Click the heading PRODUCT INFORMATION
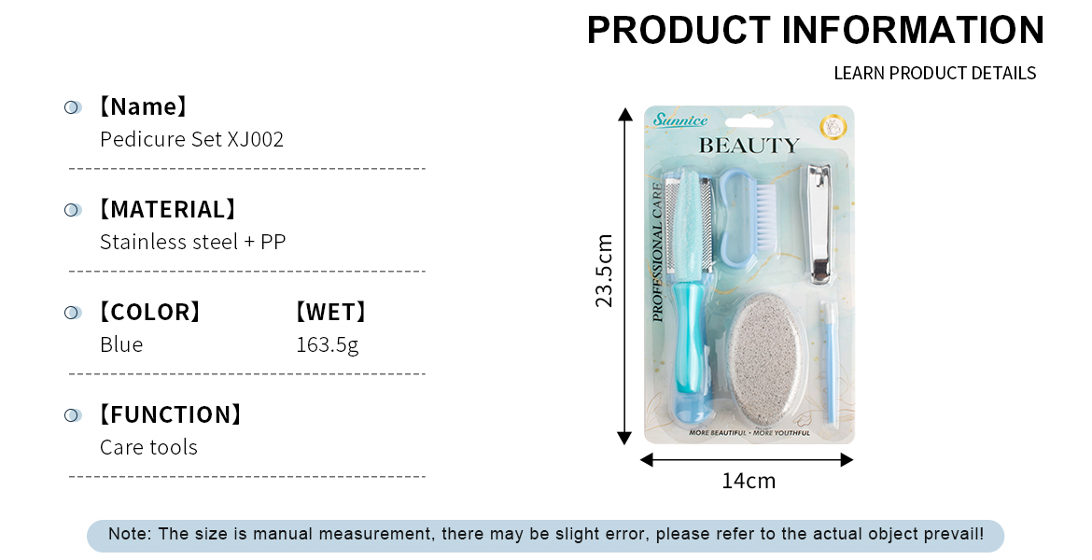(x=816, y=30)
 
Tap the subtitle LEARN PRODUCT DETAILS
(x=934, y=73)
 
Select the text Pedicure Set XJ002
(x=191, y=139)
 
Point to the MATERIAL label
(x=167, y=210)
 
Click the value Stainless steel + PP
(x=193, y=242)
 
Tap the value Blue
(x=121, y=344)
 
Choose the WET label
(x=330, y=312)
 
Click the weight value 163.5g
(x=328, y=344)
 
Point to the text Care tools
(x=148, y=447)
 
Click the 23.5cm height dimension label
(x=604, y=271)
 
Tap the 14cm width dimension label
(x=749, y=482)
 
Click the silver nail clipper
(x=820, y=224)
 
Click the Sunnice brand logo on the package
(x=680, y=119)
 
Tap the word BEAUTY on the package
(x=749, y=147)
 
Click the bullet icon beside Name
(x=73, y=107)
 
